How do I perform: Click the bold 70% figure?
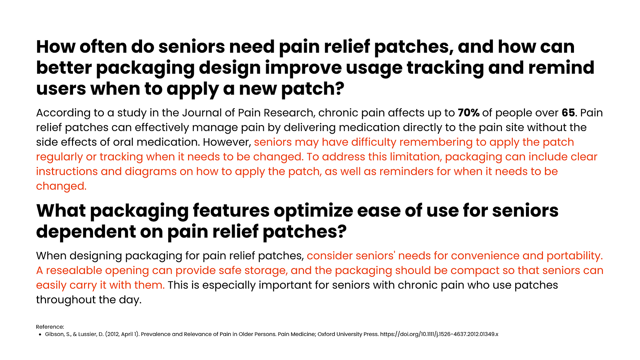pyautogui.click(x=469, y=113)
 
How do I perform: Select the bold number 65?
pyautogui.click(x=568, y=113)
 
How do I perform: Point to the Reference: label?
pyautogui.click(x=50, y=327)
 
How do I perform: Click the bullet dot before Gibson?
pyautogui.click(x=40, y=334)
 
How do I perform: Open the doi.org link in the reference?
pyautogui.click(x=439, y=334)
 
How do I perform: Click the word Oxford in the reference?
pyautogui.click(x=326, y=334)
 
